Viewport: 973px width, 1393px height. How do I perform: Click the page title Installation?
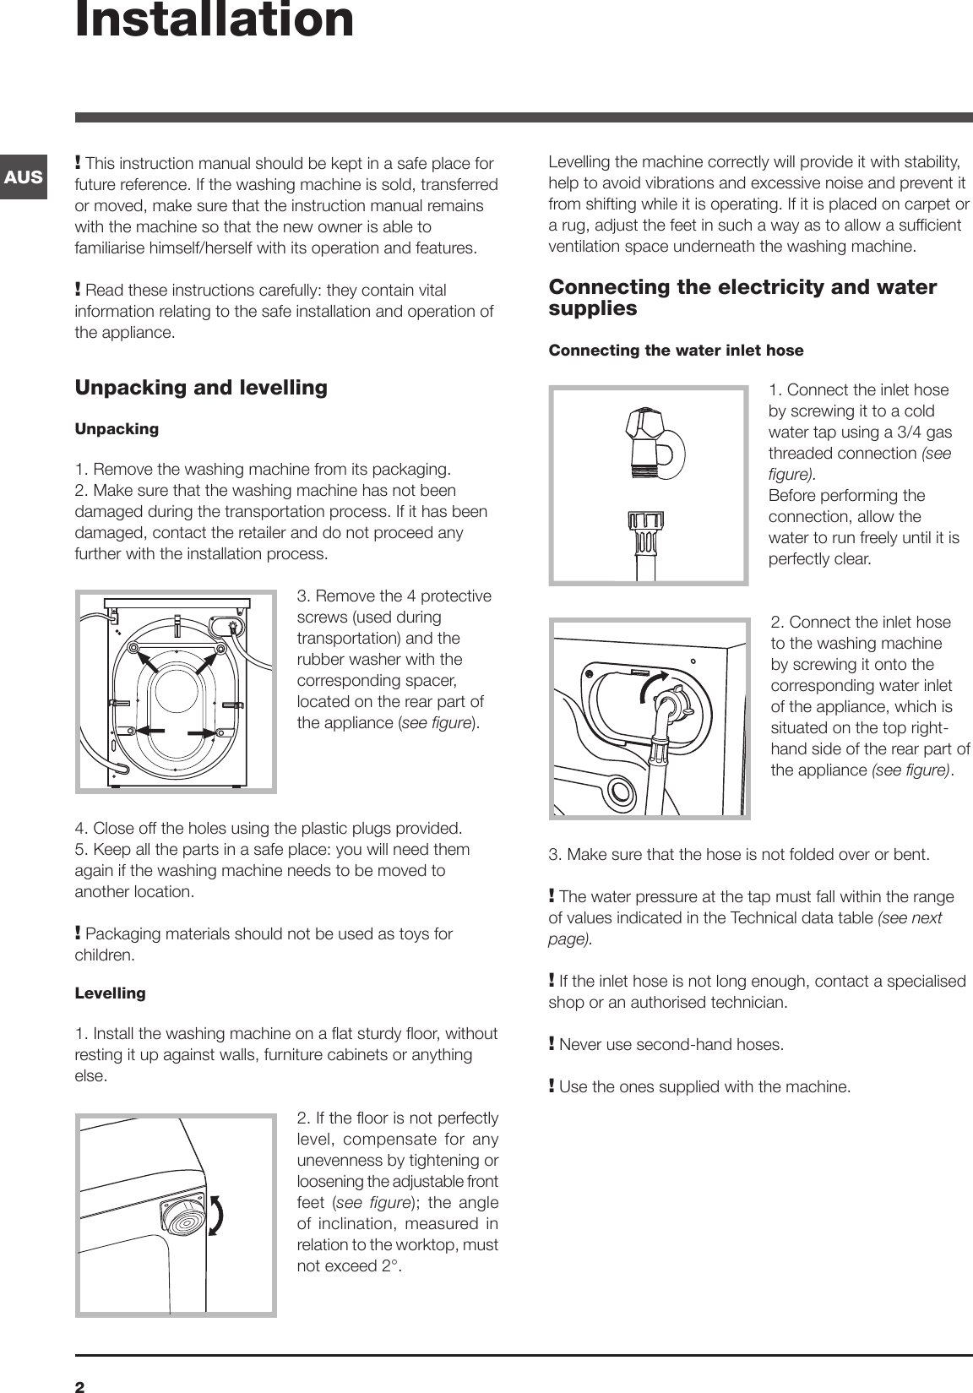215,20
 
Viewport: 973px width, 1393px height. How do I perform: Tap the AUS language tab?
24,177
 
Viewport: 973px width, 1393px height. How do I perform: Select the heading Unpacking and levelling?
201,388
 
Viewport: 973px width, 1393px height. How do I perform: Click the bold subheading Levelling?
110,993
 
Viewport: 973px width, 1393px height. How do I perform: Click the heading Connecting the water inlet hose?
676,350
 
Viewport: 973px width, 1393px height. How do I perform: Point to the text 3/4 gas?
922,433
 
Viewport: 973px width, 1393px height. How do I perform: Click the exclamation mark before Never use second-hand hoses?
552,1044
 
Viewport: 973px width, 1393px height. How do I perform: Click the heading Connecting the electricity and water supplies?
742,297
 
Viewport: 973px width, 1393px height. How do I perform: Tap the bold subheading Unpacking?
117,429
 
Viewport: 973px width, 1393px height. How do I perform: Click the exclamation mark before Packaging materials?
79,933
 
